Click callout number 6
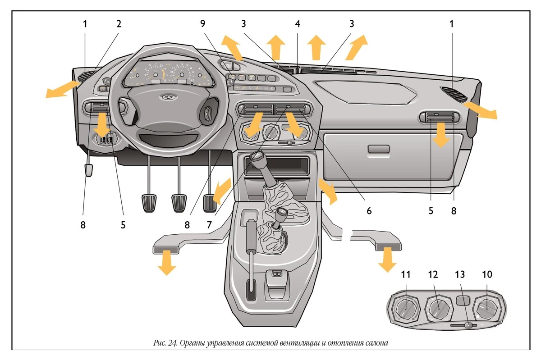coord(369,210)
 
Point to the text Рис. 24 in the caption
coord(165,343)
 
